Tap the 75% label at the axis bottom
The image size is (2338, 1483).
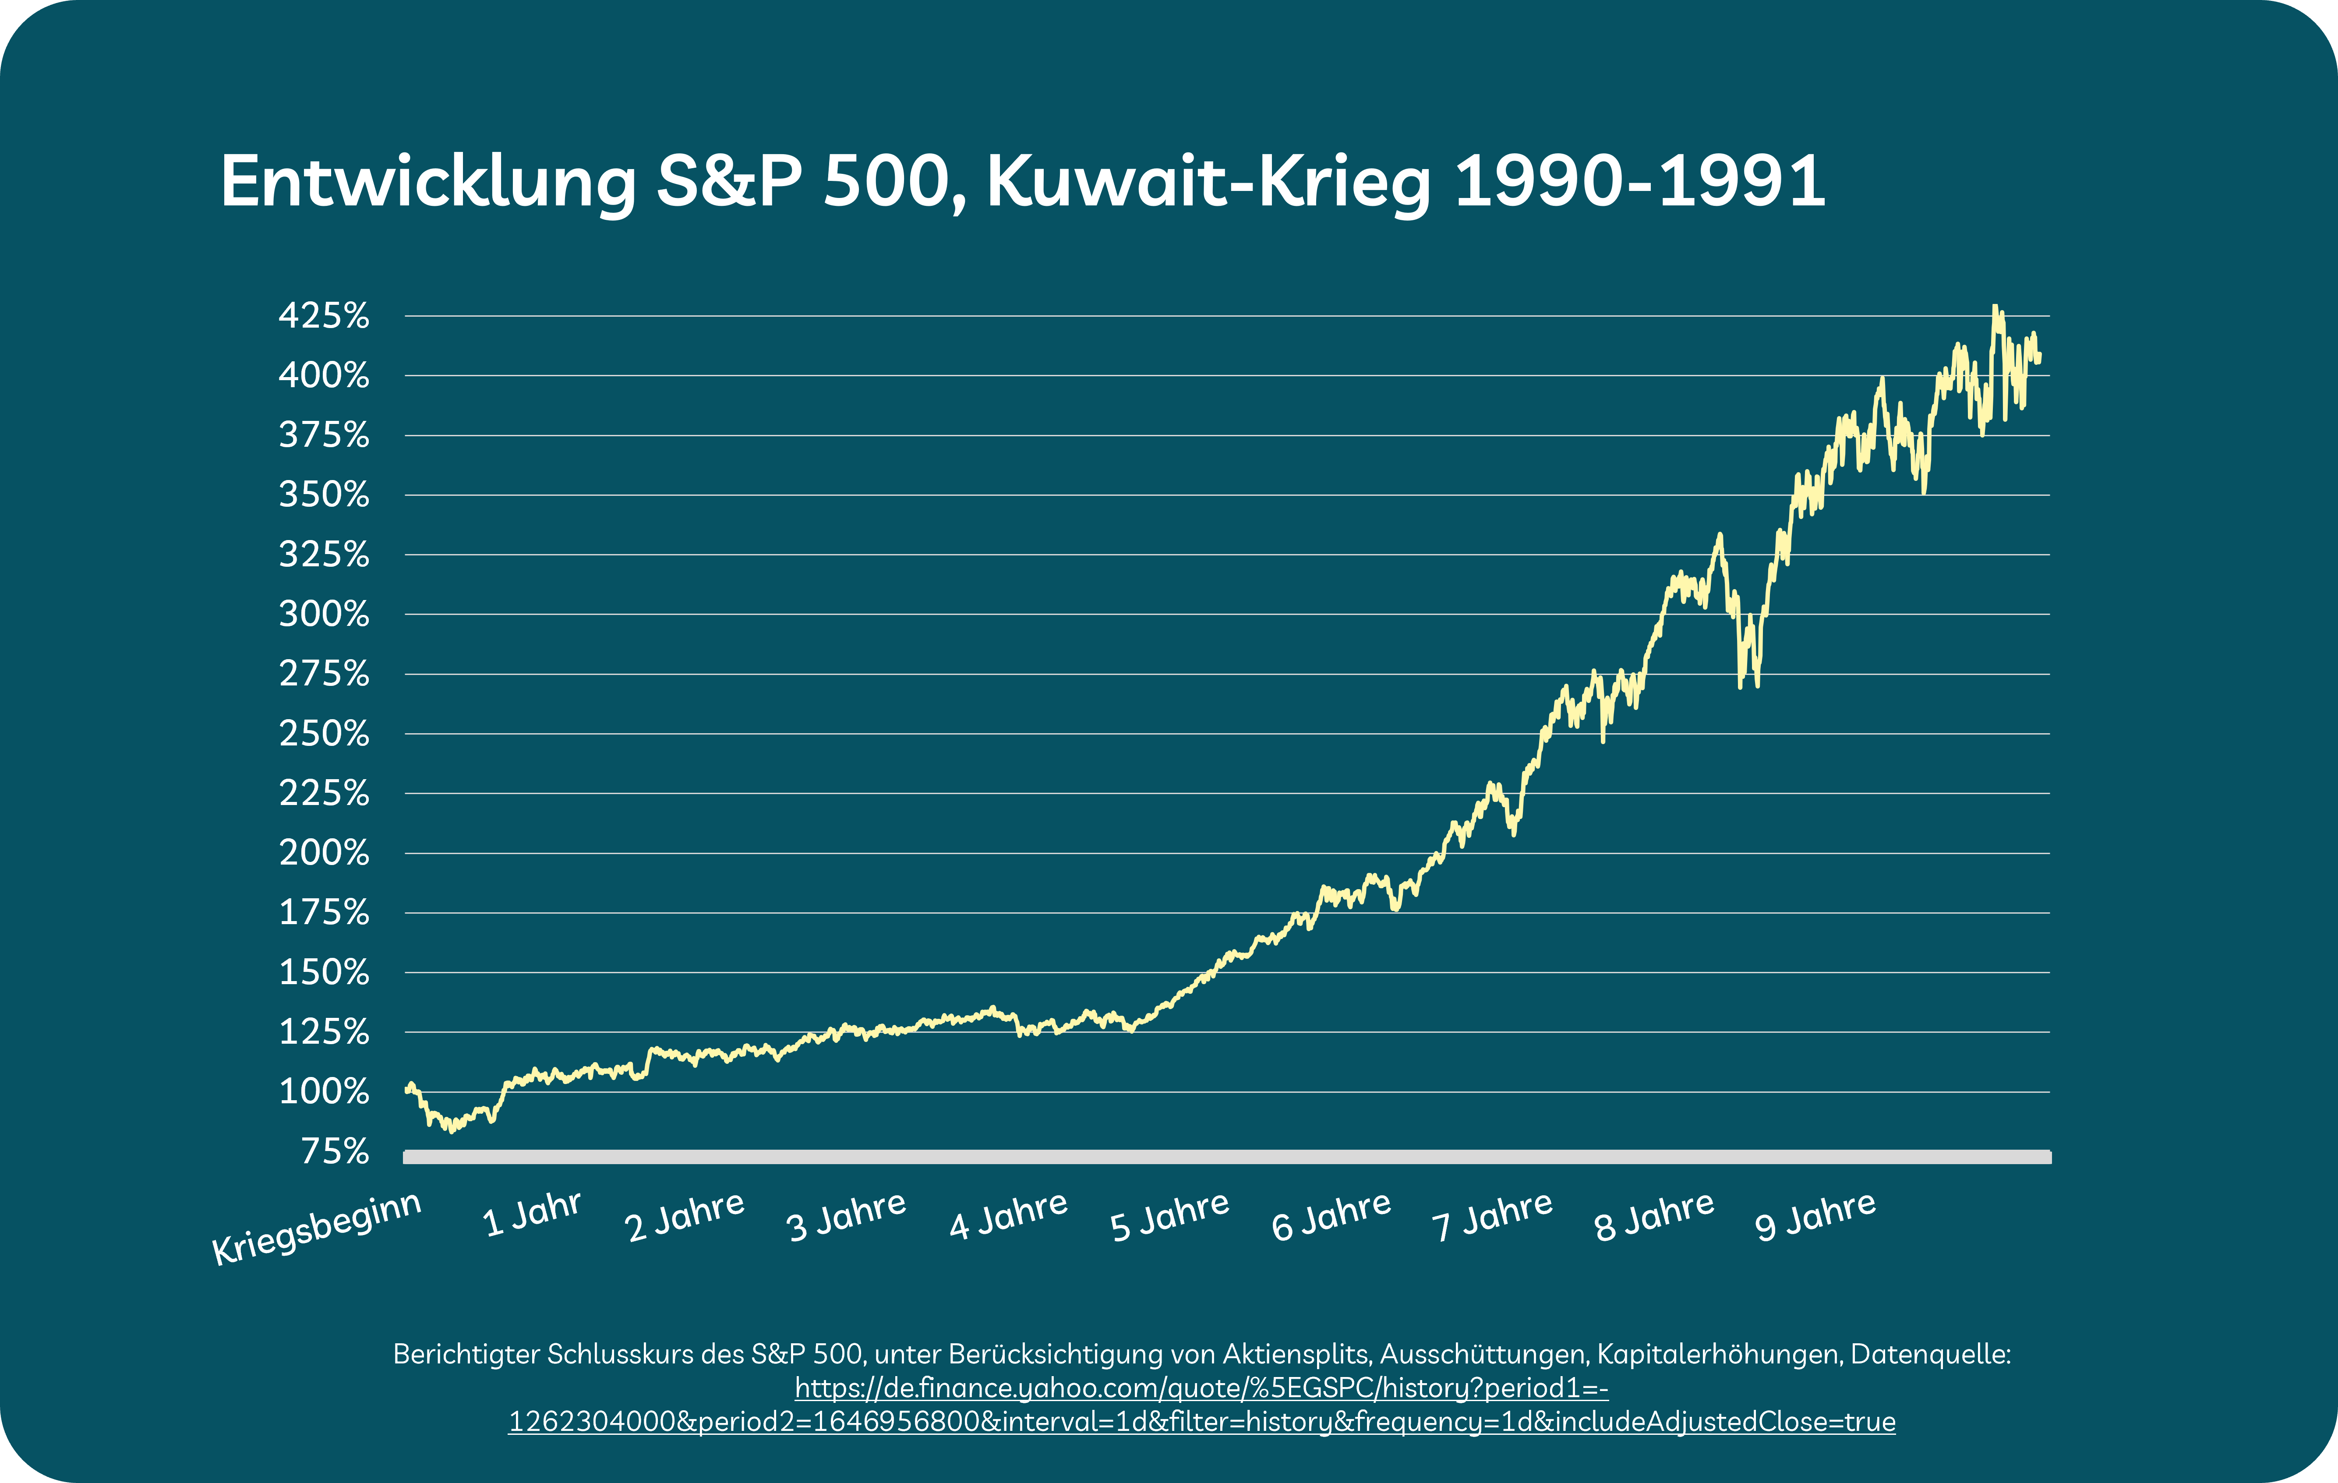335,1151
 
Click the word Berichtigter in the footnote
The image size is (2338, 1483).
467,1354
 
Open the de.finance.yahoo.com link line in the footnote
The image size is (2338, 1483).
1201,1388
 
